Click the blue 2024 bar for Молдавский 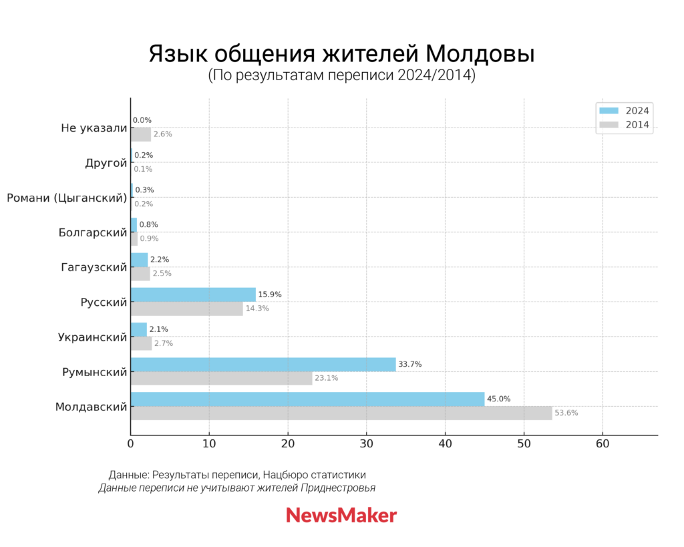[307, 399]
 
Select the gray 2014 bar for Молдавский [341, 413]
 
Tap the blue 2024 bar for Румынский [263, 364]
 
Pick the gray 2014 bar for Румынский [221, 378]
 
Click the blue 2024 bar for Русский [193, 295]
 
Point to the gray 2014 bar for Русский [186, 309]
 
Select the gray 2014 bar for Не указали [140, 134]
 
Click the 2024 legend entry [624, 111]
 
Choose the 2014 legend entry [624, 124]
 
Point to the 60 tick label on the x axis [603, 443]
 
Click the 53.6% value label [566, 413]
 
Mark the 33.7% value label [409, 364]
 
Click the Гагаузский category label [93, 267]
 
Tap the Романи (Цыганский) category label [67, 198]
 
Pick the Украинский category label [92, 337]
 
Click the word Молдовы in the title [480, 53]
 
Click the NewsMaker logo [341, 515]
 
